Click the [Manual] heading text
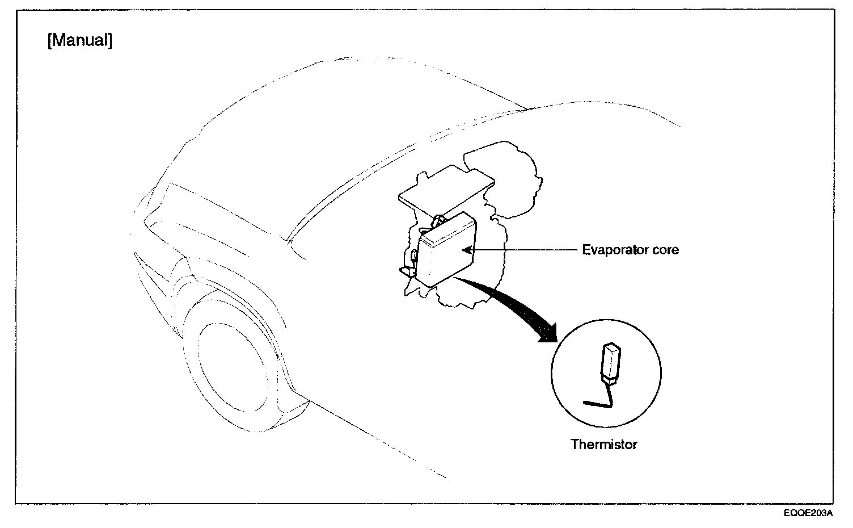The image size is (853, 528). (x=80, y=41)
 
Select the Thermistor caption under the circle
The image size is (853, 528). (x=603, y=444)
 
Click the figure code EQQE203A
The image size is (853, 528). (x=808, y=514)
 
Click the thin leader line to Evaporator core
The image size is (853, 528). (x=522, y=249)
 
